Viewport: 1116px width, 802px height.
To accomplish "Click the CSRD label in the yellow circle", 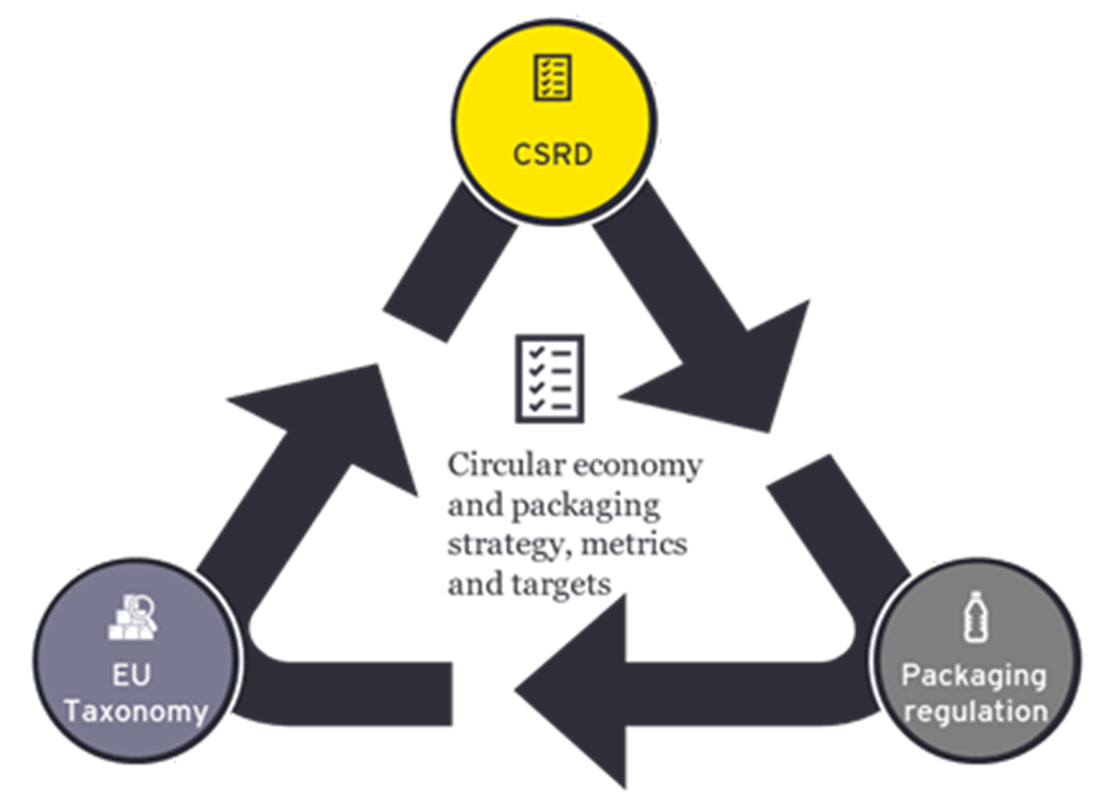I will pos(553,155).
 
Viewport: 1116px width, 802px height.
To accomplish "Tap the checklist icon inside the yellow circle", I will pos(552,78).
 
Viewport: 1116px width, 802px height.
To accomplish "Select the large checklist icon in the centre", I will pos(550,379).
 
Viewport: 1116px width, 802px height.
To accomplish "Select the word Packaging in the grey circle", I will pos(974,676).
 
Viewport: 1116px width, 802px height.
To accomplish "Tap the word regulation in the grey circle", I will pos(975,711).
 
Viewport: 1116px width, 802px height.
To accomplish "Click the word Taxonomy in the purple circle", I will pos(136,711).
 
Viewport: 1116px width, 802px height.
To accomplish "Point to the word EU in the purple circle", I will pos(132,675).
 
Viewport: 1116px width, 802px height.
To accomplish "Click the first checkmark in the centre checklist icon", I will pos(536,353).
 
